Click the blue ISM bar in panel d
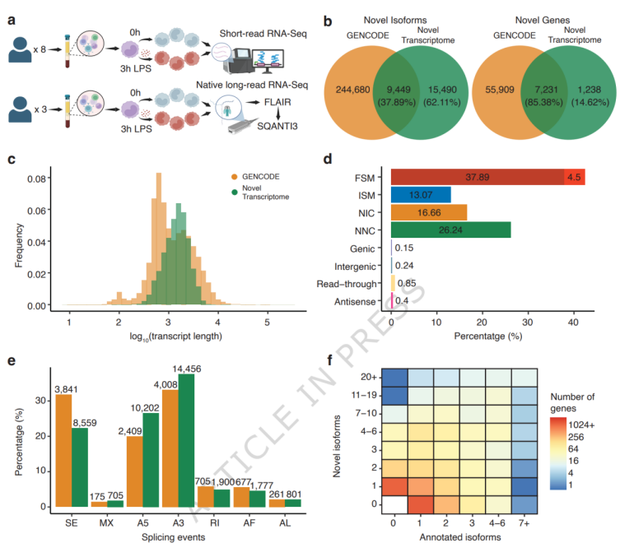pyautogui.click(x=421, y=195)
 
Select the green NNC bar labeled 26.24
pyautogui.click(x=450, y=230)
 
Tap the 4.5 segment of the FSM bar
pyautogui.click(x=575, y=177)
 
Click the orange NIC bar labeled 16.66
pyautogui.click(x=429, y=212)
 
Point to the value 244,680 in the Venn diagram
pyautogui.click(x=352, y=90)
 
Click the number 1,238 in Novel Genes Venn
pyautogui.click(x=590, y=90)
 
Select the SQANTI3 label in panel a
pyautogui.click(x=277, y=127)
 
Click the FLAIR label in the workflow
pyautogui.click(x=277, y=102)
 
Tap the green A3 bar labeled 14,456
pyautogui.click(x=186, y=440)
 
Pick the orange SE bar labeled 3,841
pyautogui.click(x=63, y=451)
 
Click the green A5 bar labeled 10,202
pyautogui.click(x=151, y=460)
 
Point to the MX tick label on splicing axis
pyautogui.click(x=106, y=523)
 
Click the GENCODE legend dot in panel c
pyautogui.click(x=235, y=177)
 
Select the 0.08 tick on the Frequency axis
pyautogui.click(x=36, y=179)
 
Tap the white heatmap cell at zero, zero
pyautogui.click(x=394, y=504)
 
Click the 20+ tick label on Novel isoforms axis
pyautogui.click(x=369, y=377)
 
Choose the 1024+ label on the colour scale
pyautogui.click(x=581, y=425)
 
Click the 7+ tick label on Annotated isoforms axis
pyautogui.click(x=524, y=523)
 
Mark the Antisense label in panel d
pyautogui.click(x=355, y=302)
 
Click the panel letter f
pyautogui.click(x=330, y=360)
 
